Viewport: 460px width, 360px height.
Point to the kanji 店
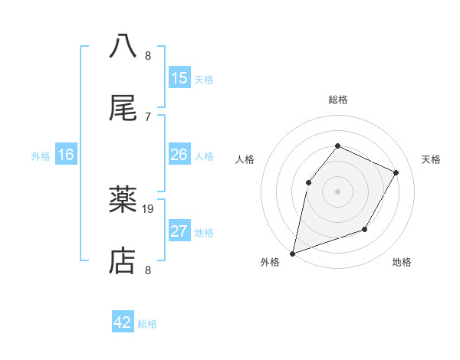(123, 262)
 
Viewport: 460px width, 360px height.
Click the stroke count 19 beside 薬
(148, 208)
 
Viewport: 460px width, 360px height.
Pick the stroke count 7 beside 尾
(148, 116)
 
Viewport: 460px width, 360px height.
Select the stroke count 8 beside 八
(148, 56)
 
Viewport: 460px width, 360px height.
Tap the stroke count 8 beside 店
(148, 270)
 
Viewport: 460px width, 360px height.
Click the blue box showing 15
(179, 78)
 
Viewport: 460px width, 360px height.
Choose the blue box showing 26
(179, 155)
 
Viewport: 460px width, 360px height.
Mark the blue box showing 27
(179, 231)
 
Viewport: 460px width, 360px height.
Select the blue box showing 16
(66, 155)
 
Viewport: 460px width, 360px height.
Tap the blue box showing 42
(123, 322)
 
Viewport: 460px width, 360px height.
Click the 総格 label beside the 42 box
(147, 324)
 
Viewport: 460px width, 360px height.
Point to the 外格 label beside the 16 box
(41, 156)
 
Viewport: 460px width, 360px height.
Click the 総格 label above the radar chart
(337, 100)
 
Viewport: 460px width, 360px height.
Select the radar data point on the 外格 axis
(292, 253)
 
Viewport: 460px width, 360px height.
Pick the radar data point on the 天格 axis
(396, 172)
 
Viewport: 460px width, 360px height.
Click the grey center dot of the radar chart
(337, 191)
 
